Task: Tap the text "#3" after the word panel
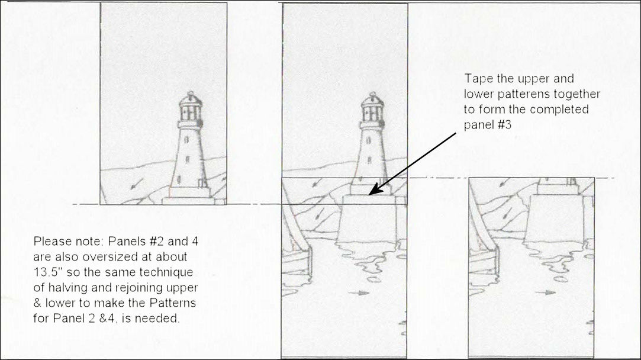pyautogui.click(x=503, y=124)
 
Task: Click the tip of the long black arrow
pyautogui.click(x=369, y=194)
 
